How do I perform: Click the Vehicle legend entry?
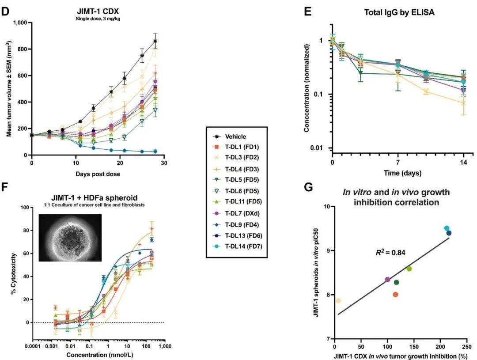click(x=235, y=136)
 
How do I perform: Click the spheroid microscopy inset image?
click(x=70, y=237)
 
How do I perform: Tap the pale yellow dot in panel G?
click(x=338, y=301)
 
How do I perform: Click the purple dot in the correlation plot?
click(x=388, y=280)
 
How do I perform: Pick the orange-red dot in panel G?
click(x=395, y=295)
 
